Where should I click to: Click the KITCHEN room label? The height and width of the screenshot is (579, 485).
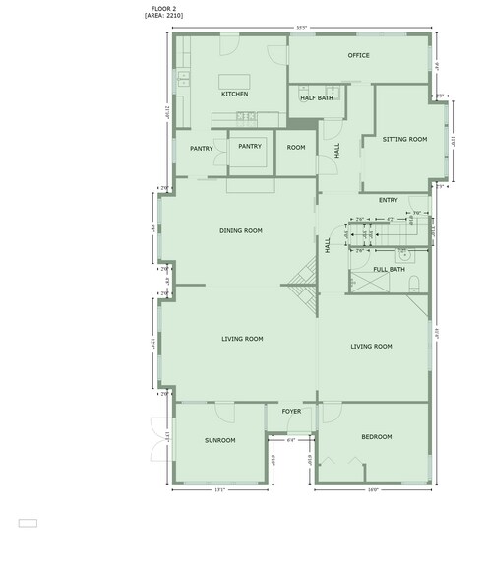[x=234, y=95]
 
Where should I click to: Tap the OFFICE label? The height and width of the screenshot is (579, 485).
[x=358, y=55]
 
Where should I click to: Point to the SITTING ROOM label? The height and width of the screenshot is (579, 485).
[x=404, y=140]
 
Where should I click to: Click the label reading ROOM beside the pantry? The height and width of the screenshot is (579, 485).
[x=296, y=147]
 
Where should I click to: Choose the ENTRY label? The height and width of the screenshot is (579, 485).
[x=388, y=200]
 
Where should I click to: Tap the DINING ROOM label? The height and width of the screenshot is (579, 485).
[x=240, y=230]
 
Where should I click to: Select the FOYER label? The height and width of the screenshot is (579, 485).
[x=291, y=411]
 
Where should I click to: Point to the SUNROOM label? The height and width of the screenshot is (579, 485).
[x=219, y=440]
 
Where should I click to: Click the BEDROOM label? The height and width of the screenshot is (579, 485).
[x=376, y=436]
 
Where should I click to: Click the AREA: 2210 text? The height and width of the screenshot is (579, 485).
[x=164, y=17]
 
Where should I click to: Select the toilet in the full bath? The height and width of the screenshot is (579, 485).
[x=414, y=286]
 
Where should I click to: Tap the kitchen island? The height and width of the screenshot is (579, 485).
[x=233, y=80]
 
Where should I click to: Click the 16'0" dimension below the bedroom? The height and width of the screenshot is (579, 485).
[x=373, y=489]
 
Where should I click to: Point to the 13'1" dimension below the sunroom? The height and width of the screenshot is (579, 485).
[x=219, y=489]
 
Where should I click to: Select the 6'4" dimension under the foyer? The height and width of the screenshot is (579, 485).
[x=291, y=440]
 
